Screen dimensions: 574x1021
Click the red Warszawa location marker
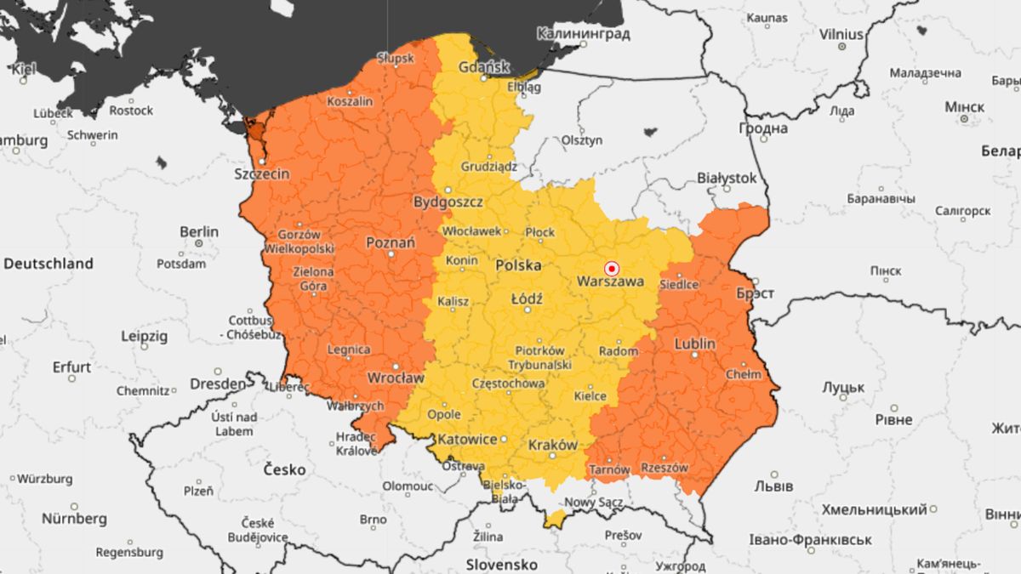pyautogui.click(x=610, y=266)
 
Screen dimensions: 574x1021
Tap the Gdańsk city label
pyautogui.click(x=483, y=66)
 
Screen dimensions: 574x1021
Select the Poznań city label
pyautogui.click(x=391, y=242)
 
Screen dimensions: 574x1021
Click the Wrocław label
pyautogui.click(x=395, y=377)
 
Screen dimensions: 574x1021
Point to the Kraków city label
pyautogui.click(x=553, y=445)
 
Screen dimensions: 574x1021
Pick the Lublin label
pyautogui.click(x=694, y=344)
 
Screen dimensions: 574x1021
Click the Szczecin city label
pyautogui.click(x=261, y=173)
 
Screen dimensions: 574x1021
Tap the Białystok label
pyautogui.click(x=726, y=178)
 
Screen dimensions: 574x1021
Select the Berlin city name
pyautogui.click(x=199, y=231)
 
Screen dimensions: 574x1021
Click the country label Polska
pyautogui.click(x=518, y=265)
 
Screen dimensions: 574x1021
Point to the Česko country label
pyautogui.click(x=284, y=469)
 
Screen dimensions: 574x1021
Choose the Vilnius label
pyautogui.click(x=841, y=35)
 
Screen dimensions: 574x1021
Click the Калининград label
pyautogui.click(x=583, y=34)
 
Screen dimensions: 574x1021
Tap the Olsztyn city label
pyautogui.click(x=582, y=139)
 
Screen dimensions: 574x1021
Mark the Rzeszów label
pyautogui.click(x=665, y=468)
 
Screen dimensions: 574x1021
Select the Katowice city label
pyautogui.click(x=466, y=440)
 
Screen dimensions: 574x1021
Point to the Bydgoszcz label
pyautogui.click(x=448, y=202)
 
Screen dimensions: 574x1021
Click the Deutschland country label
pyautogui.click(x=48, y=264)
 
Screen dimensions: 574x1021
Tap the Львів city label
pyautogui.click(x=773, y=486)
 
